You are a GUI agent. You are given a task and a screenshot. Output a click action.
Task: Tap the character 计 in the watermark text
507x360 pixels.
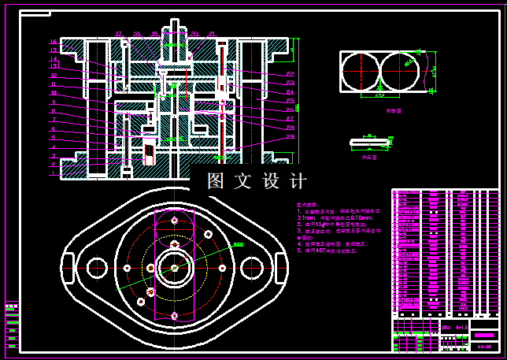pyautogui.click(x=298, y=181)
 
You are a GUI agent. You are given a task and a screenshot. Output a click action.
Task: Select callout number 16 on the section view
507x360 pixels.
pyautogui.click(x=54, y=42)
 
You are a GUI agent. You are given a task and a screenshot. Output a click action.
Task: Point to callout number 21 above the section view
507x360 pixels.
pyautogui.click(x=213, y=34)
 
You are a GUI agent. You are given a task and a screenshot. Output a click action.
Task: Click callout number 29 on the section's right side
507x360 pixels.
pyautogui.click(x=290, y=136)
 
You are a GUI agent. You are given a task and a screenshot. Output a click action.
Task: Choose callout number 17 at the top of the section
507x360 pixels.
pyautogui.click(x=119, y=34)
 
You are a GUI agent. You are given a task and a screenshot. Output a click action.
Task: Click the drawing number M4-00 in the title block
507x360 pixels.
pyautogui.click(x=484, y=346)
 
